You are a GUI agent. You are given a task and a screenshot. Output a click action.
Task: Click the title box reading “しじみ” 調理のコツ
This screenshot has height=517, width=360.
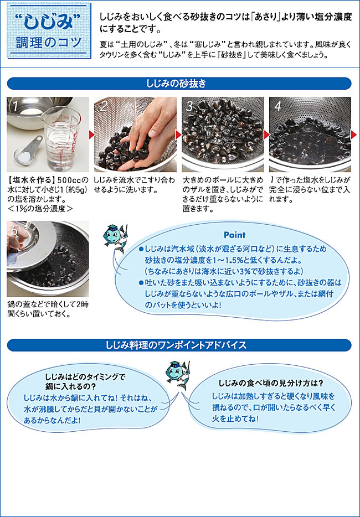tap(49, 30)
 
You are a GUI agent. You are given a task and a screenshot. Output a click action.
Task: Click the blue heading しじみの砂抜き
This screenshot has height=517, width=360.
tap(179, 84)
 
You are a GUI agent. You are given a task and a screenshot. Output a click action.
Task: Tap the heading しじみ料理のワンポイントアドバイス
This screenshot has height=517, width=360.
tap(179, 345)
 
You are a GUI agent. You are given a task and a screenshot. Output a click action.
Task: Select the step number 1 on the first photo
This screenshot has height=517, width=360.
tap(14, 106)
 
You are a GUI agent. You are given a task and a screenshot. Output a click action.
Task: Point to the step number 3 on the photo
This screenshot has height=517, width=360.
tap(189, 106)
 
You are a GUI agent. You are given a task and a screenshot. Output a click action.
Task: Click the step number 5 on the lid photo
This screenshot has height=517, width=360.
tap(14, 230)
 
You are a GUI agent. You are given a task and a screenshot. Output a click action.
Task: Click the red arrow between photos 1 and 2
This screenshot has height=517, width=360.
tap(92, 135)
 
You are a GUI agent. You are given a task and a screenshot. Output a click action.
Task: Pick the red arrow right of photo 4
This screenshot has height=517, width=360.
tap(354, 135)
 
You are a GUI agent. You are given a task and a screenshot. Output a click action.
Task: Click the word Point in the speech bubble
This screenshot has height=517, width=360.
tap(234, 235)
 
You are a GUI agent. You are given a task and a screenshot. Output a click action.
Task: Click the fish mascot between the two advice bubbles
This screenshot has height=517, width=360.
tap(178, 375)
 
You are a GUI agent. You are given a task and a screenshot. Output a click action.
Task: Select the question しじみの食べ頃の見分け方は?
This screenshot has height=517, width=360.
tap(271, 384)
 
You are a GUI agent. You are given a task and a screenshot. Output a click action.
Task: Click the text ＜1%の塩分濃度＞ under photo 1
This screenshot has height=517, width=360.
tap(39, 209)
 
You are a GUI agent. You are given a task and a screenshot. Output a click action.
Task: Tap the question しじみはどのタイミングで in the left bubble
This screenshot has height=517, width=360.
tap(86, 376)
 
